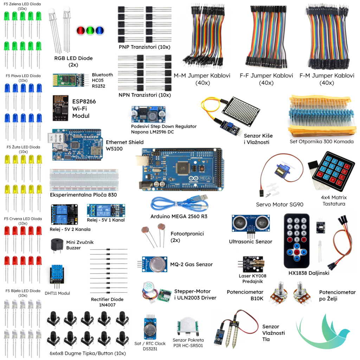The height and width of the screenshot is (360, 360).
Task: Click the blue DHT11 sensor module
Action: point(57,275)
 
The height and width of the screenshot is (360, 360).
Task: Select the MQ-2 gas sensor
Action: point(155,264)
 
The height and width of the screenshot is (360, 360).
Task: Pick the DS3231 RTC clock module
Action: point(150,329)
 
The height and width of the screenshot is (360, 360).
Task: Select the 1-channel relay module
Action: point(106,211)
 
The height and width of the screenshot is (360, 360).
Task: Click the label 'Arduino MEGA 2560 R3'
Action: point(179,216)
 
